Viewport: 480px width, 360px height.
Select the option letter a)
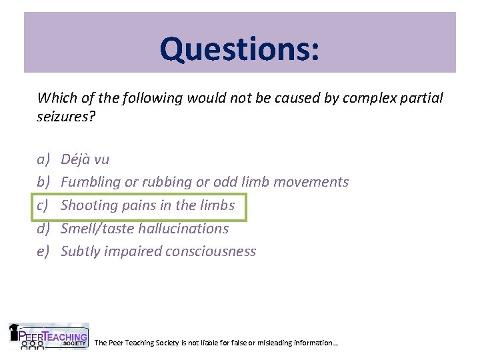coord(43,159)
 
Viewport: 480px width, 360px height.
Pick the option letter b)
coord(43,182)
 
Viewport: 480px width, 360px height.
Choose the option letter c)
coord(43,205)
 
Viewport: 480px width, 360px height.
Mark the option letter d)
coord(43,228)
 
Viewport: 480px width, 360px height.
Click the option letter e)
coord(43,251)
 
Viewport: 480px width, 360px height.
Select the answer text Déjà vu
coord(85,159)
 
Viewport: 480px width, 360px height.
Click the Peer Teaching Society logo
coord(48,337)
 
